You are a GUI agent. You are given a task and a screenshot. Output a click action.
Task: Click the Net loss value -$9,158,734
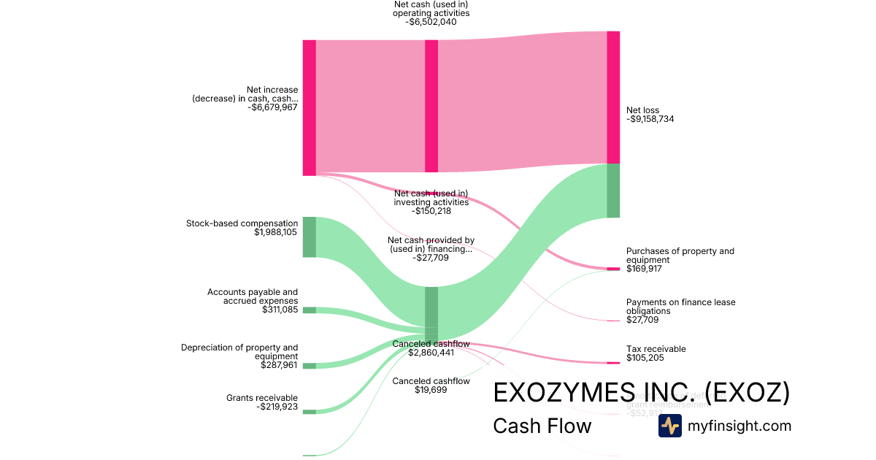tap(650, 119)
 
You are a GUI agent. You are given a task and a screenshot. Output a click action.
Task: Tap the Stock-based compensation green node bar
tap(310, 237)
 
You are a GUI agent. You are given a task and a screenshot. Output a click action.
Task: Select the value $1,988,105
tap(275, 232)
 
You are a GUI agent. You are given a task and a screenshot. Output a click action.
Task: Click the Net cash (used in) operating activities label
tap(431, 9)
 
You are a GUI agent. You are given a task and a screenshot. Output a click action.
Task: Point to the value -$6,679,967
tap(273, 107)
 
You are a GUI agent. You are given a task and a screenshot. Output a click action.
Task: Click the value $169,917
tap(645, 269)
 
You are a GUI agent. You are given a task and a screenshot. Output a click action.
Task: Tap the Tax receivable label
tap(656, 349)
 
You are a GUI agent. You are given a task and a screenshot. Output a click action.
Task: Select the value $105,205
tap(645, 358)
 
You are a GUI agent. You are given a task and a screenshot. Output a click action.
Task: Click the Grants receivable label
tap(262, 398)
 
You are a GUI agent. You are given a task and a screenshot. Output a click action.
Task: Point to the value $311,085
tap(280, 310)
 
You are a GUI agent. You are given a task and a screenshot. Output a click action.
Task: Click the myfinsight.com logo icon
tap(669, 426)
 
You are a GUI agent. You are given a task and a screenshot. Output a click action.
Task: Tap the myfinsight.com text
tap(739, 426)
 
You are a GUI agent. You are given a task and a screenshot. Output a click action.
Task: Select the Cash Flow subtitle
tap(542, 426)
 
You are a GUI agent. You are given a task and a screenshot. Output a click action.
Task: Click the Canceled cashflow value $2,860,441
tap(431, 353)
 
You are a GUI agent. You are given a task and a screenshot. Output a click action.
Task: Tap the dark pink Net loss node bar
tap(613, 97)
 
